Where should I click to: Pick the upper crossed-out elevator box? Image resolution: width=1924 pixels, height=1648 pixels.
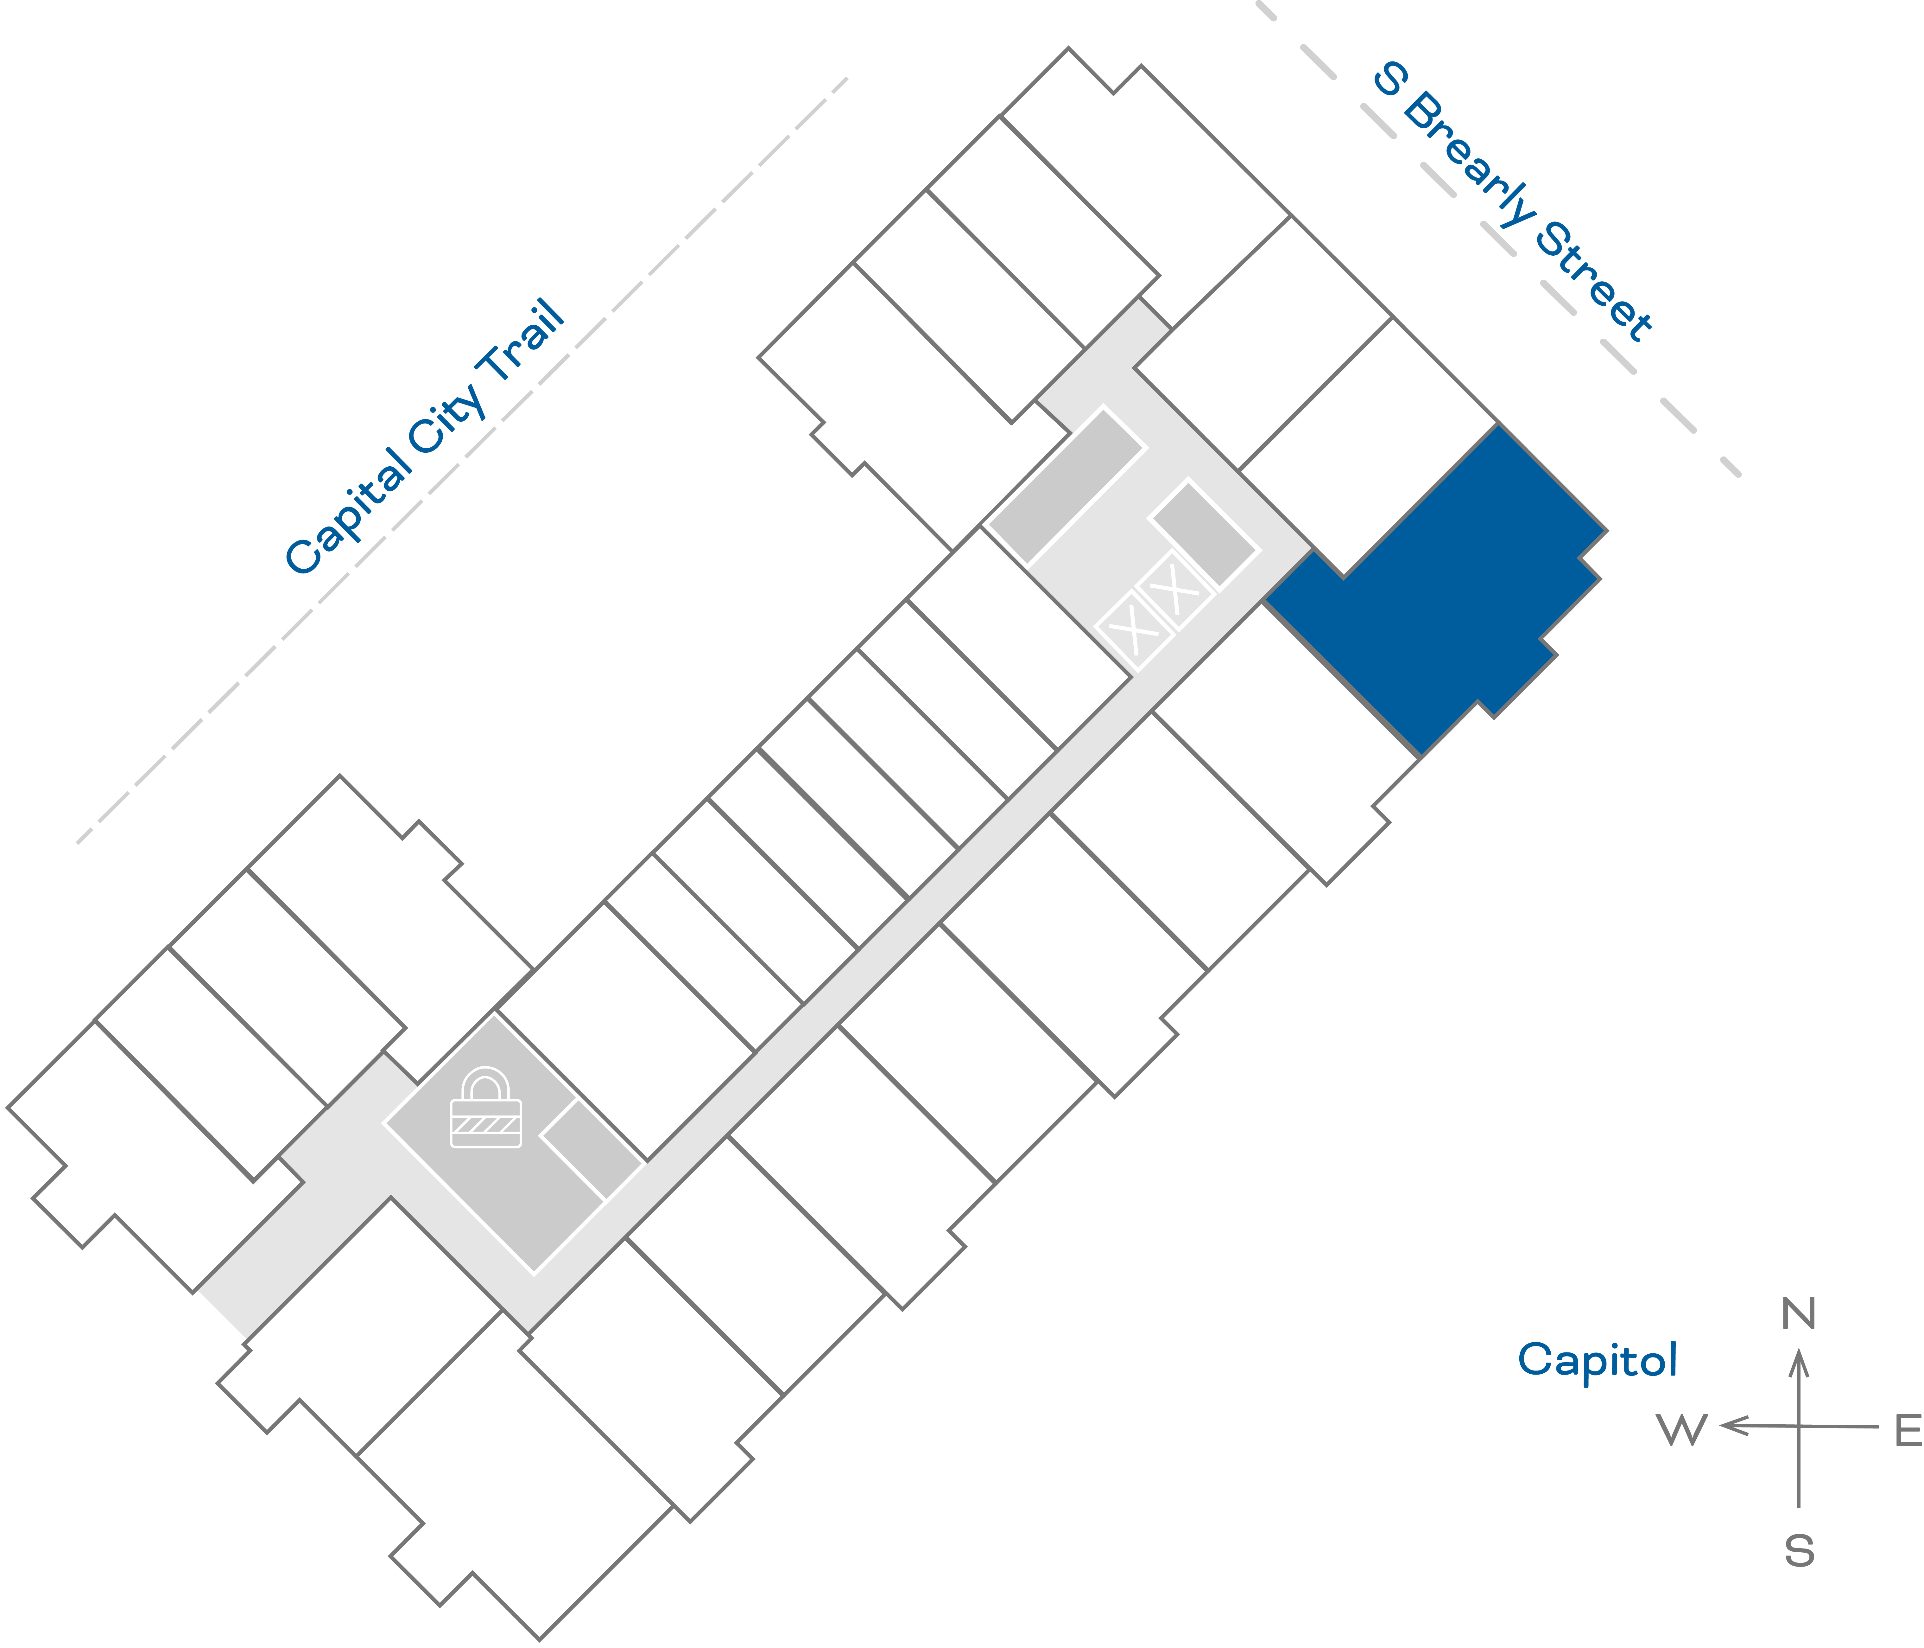coord(1175,590)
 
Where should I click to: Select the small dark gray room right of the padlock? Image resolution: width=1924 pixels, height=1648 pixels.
coord(592,1149)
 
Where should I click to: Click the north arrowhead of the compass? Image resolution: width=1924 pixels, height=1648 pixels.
coord(1800,1364)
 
